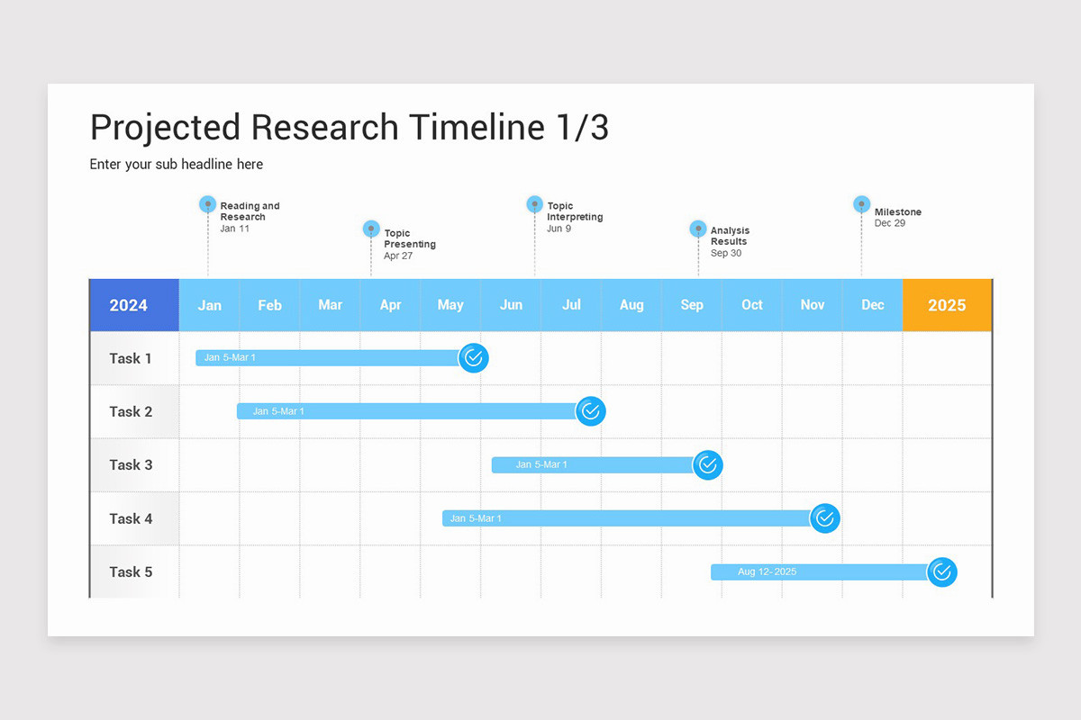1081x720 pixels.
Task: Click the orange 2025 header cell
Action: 947,305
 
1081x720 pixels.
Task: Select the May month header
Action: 450,305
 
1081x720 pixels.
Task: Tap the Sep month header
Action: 692,305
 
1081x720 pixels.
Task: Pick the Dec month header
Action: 872,305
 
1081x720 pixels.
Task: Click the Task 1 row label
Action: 131,358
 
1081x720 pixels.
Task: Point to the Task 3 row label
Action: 131,465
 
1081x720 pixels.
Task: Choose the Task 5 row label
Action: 131,571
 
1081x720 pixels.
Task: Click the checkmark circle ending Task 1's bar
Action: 474,358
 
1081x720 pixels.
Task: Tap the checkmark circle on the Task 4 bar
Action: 825,518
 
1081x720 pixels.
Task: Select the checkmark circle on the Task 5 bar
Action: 942,571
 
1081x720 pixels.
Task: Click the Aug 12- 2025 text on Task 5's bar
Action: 767,571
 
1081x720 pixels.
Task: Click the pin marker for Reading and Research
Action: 208,204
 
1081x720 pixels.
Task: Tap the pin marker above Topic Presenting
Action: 371,229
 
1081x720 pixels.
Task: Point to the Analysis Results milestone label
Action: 729,236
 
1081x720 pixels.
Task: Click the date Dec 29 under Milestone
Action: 889,223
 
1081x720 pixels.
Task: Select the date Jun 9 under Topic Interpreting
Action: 559,229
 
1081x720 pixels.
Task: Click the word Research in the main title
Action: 324,128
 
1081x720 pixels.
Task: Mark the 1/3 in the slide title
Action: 577,128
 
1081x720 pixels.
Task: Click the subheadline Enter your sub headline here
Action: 177,164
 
